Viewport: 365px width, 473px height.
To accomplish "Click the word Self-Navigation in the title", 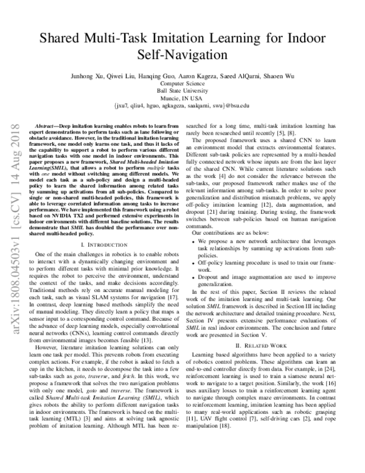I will pyautogui.click(x=182, y=54).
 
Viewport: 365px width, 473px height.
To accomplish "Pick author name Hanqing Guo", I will pyautogui.click(x=152, y=76).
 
